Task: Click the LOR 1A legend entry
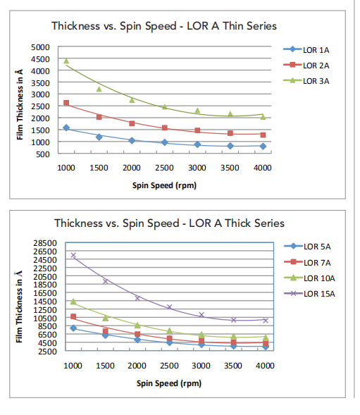tap(306, 50)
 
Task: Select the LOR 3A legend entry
tap(306, 81)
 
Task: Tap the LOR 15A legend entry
tap(309, 294)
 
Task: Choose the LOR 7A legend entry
tap(307, 262)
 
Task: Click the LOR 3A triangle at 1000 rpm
tap(66, 61)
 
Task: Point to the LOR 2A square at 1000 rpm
tap(66, 103)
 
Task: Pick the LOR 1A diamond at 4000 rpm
tap(263, 146)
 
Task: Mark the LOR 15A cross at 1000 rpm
tap(73, 255)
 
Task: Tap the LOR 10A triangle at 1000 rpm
tap(73, 302)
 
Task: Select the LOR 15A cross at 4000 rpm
tap(266, 321)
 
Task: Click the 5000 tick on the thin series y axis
tap(40, 47)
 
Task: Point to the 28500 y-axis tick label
tap(45, 242)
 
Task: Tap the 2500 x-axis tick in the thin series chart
tap(164, 168)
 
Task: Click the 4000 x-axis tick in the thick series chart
tap(265, 366)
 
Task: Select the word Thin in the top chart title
tap(232, 26)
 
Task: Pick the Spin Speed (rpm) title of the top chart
tap(164, 185)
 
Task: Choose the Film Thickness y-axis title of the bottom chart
tap(19, 306)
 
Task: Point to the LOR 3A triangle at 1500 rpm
tap(99, 89)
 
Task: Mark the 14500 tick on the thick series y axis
tap(45, 301)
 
